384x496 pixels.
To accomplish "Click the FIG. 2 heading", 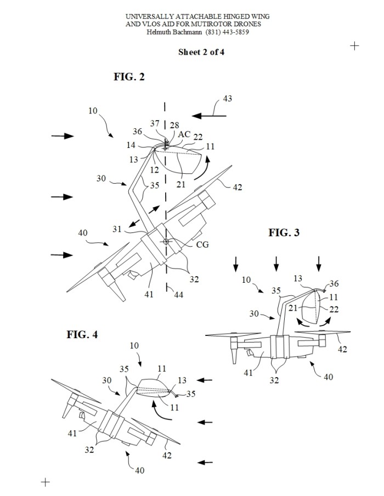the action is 129,77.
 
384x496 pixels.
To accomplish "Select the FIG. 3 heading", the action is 284,232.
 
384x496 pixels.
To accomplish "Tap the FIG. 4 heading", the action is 82,334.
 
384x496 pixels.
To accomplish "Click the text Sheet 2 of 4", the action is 201,52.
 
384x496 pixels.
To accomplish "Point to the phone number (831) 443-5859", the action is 227,32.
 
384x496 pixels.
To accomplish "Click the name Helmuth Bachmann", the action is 174,32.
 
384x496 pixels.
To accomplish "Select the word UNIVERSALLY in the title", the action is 149,16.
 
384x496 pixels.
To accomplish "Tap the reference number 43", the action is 227,98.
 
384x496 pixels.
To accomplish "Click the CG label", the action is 202,244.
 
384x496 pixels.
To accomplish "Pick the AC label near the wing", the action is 184,134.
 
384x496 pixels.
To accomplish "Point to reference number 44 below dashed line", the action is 178,295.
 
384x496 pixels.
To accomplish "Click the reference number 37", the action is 155,123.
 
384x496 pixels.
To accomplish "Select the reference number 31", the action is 117,229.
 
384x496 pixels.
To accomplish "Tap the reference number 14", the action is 131,145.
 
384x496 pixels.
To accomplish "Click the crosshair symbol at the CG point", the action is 166,242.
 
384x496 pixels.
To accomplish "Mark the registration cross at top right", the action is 354,46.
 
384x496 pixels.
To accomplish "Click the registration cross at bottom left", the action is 46,482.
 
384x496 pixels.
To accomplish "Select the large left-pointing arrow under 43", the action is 209,116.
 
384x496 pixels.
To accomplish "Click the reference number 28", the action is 174,126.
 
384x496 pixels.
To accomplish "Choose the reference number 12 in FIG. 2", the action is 154,170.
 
